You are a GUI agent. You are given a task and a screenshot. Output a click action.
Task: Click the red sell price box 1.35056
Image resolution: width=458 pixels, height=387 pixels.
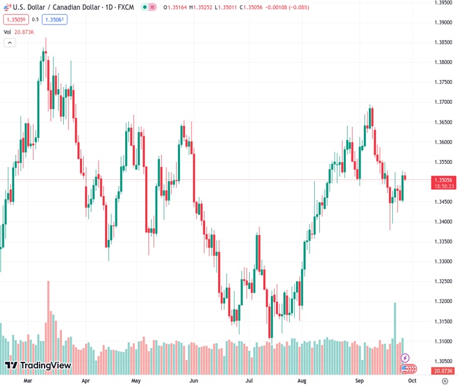coord(15,19)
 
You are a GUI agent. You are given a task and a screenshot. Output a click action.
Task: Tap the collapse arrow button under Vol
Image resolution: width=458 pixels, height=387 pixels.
coord(9,43)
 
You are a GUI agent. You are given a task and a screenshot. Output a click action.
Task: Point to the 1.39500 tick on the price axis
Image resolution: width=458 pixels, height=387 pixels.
coord(443,3)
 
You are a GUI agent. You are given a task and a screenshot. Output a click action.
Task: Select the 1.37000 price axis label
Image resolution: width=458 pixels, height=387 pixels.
coord(443,102)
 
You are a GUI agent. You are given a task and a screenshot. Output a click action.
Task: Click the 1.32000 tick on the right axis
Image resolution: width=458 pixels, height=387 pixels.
coord(443,301)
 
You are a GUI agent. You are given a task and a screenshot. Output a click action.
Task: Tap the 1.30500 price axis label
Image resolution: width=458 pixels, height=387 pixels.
coord(443,361)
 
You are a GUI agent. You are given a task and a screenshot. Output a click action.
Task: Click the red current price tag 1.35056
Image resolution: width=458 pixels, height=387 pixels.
coord(443,179)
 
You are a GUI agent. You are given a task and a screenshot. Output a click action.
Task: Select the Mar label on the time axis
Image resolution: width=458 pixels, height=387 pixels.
coord(28,381)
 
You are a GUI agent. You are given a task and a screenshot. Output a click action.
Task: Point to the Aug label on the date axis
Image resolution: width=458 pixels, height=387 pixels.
coord(302,381)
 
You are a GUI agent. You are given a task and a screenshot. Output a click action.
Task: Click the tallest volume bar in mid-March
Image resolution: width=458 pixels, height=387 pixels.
coord(48,322)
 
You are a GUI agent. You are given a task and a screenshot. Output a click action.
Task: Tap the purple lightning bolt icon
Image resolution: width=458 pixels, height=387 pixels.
coord(405,357)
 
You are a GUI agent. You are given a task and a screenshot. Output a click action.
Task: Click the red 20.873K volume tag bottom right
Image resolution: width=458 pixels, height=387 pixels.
coord(443,370)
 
